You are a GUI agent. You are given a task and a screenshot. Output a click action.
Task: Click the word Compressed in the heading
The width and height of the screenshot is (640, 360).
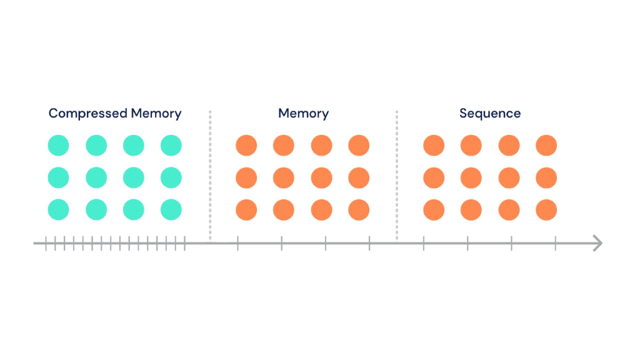click(x=88, y=114)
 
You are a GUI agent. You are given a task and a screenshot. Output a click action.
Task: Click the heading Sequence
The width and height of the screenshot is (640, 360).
click(x=490, y=114)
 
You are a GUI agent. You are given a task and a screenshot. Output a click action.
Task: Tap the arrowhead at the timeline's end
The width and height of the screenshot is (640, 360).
click(x=598, y=243)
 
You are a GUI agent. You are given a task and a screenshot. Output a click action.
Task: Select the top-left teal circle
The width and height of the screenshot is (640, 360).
click(x=59, y=146)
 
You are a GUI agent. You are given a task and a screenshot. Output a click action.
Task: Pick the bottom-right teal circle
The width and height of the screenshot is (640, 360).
click(x=171, y=209)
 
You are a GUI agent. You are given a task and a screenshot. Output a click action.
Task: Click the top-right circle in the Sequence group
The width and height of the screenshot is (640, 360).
click(x=546, y=146)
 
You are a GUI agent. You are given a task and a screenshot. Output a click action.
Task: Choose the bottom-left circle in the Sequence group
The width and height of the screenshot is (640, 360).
click(x=434, y=209)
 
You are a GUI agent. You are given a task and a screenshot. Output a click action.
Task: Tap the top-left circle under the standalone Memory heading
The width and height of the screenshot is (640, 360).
click(x=246, y=146)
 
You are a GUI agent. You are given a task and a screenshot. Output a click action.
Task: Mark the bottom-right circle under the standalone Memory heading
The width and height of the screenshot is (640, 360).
click(x=359, y=209)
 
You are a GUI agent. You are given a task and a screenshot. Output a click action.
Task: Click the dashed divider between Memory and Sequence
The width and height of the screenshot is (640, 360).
click(x=396, y=175)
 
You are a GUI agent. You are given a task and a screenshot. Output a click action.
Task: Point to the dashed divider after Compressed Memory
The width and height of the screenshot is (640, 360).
click(x=210, y=175)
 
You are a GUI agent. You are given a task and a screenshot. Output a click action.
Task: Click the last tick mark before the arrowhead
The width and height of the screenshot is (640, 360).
click(x=555, y=243)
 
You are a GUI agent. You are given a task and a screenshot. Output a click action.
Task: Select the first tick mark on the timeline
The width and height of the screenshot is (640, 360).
click(x=46, y=243)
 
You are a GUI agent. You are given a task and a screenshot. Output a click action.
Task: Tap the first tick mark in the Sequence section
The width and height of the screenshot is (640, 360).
click(x=424, y=243)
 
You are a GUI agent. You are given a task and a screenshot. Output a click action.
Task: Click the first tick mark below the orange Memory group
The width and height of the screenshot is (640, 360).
click(x=237, y=243)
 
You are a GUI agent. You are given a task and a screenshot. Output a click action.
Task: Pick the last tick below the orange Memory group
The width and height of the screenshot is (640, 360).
click(x=369, y=243)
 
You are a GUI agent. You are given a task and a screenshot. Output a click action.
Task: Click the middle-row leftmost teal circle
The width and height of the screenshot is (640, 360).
click(x=59, y=177)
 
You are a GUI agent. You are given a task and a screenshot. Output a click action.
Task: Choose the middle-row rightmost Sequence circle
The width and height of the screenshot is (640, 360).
click(x=546, y=177)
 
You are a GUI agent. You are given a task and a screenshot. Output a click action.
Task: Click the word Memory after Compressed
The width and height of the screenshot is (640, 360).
click(x=156, y=114)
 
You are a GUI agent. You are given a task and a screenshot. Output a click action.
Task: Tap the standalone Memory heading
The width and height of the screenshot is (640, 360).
click(x=303, y=114)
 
